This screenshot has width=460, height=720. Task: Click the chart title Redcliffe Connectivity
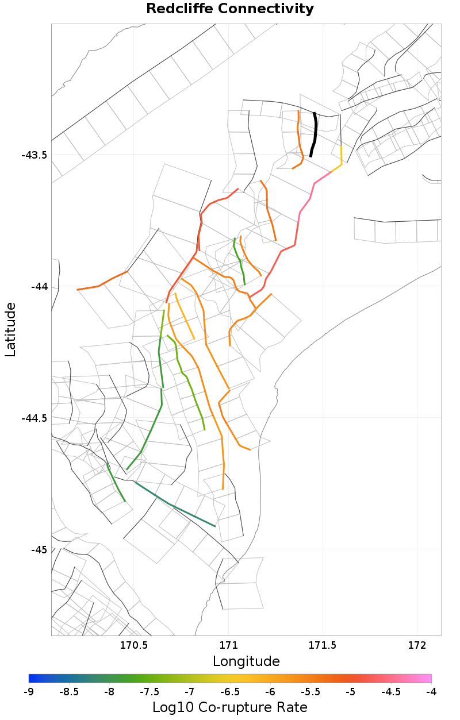[230, 9]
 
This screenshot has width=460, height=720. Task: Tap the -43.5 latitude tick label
[34, 155]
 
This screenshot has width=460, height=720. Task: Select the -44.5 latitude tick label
[34, 418]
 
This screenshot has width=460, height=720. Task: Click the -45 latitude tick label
[39, 550]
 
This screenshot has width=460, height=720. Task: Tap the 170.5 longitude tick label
[134, 645]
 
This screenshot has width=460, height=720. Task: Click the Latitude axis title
[11, 330]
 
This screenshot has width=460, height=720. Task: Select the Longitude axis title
[246, 661]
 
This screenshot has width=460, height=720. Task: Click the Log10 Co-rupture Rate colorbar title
[230, 707]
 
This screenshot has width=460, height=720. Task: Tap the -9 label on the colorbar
[29, 691]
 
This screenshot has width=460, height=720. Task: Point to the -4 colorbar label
[431, 691]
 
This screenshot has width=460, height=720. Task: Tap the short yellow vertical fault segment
[342, 156]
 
